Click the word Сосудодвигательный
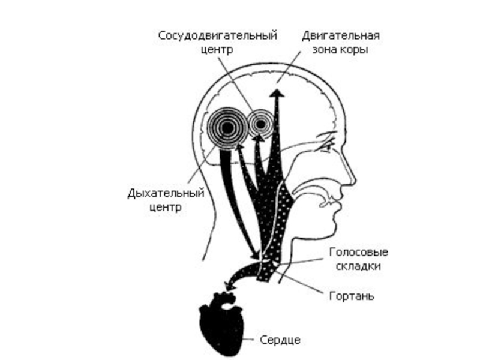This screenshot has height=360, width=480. (x=218, y=36)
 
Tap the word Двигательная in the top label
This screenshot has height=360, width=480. (x=340, y=36)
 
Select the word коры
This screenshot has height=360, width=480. (x=353, y=50)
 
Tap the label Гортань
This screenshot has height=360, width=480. (x=352, y=296)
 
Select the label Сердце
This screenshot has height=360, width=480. (x=280, y=340)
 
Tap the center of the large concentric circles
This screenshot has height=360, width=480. (x=227, y=127)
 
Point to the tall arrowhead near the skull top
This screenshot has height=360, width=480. (x=277, y=93)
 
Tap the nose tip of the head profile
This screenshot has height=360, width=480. (x=353, y=178)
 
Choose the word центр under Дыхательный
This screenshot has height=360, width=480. (x=164, y=208)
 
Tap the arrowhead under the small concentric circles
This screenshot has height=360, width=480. (x=258, y=139)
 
